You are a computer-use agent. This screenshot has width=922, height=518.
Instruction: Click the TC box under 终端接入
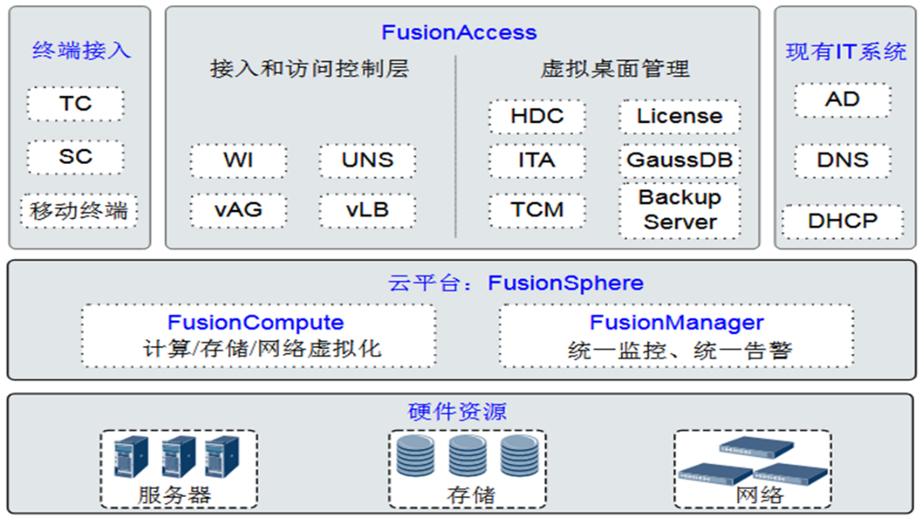pyautogui.click(x=75, y=104)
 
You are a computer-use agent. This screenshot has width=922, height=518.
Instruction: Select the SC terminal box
pyautogui.click(x=75, y=157)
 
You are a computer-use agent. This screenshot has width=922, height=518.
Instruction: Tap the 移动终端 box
pyautogui.click(x=79, y=211)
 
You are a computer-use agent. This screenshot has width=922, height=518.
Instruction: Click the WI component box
pyautogui.click(x=238, y=161)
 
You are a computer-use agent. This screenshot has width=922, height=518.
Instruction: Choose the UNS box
pyautogui.click(x=367, y=161)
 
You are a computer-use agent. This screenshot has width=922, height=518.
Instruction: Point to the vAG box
pyautogui.click(x=238, y=211)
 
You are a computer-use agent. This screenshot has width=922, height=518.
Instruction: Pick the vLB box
pyautogui.click(x=367, y=211)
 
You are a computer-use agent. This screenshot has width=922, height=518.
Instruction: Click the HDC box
pyautogui.click(x=537, y=116)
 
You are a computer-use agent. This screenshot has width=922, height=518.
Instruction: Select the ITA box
pyautogui.click(x=537, y=161)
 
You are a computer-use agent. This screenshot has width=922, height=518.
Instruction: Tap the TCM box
pyautogui.click(x=537, y=211)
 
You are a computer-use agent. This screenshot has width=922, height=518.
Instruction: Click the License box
pyautogui.click(x=680, y=116)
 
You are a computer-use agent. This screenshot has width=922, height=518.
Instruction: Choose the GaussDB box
pyautogui.click(x=680, y=160)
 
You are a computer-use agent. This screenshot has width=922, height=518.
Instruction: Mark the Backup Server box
pyautogui.click(x=680, y=210)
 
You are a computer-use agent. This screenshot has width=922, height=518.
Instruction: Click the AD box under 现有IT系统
pyautogui.click(x=842, y=101)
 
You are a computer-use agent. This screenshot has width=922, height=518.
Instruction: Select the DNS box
pyautogui.click(x=842, y=160)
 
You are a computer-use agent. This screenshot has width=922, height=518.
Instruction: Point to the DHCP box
pyautogui.click(x=842, y=221)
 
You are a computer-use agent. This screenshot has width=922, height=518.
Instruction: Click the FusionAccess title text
pyautogui.click(x=459, y=32)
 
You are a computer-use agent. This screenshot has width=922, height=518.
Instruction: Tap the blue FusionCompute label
pyautogui.click(x=255, y=322)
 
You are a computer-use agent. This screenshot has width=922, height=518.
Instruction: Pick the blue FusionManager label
pyautogui.click(x=677, y=322)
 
